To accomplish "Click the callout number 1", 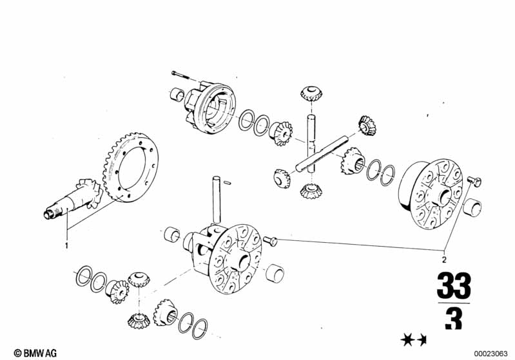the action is coord(66,245).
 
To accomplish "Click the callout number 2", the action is coord(444,260).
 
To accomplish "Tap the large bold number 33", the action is coord(454,285).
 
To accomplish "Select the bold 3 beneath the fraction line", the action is coord(454,319).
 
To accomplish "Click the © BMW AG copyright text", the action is coord(35,353).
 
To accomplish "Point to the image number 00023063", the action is coord(491,354).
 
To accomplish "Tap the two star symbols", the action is coord(414,340).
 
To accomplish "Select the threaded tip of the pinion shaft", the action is coord(48,214).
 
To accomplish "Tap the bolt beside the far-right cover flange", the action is coord(474,180).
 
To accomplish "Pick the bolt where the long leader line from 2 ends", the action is coord(270,241).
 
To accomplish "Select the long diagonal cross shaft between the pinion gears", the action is coord(322,154).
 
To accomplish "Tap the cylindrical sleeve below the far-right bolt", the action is coord(472,208).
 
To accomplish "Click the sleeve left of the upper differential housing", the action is coord(177,94).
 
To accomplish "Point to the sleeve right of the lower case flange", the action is coord(274,272).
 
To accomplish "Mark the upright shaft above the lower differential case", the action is coord(217,200).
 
